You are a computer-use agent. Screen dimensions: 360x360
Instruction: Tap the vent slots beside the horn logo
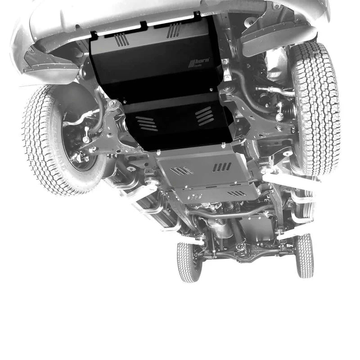point(174,30)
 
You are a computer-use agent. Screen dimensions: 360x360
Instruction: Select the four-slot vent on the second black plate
point(204,116)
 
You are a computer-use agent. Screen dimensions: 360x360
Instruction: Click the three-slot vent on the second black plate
point(146,123)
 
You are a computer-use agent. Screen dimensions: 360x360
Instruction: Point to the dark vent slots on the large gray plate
point(221,167)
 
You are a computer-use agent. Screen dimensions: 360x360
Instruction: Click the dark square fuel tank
point(256,225)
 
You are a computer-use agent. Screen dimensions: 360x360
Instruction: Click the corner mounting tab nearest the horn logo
point(197,16)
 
